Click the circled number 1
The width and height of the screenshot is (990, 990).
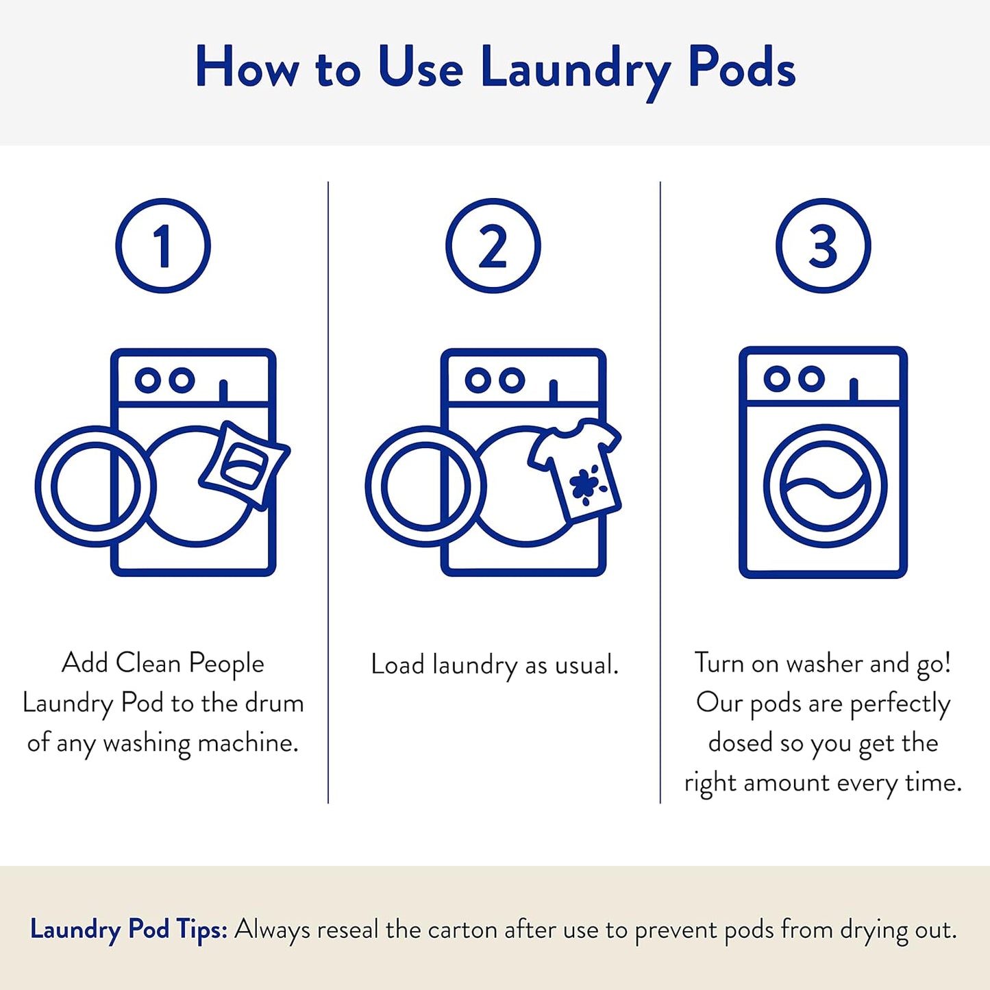[163, 246]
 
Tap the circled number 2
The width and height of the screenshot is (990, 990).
[493, 246]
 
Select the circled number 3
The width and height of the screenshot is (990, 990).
[823, 246]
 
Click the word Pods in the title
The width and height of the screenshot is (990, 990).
[741, 69]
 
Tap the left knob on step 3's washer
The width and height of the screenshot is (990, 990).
[777, 379]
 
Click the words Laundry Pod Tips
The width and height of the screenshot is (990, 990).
[128, 930]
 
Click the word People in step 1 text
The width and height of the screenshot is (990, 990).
[226, 663]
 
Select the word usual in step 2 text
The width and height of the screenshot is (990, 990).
[586, 665]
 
